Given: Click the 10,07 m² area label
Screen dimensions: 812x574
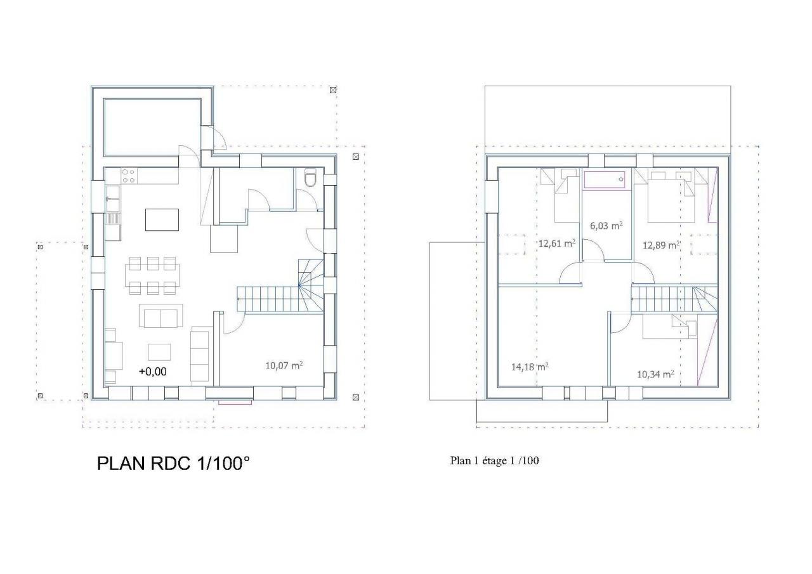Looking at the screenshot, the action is pyautogui.click(x=284, y=365).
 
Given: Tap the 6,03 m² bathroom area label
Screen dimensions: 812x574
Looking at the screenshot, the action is pyautogui.click(x=606, y=226).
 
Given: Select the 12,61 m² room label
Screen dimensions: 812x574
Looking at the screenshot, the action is pyautogui.click(x=557, y=243).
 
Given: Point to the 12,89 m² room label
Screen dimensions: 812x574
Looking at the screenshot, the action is pyautogui.click(x=661, y=245).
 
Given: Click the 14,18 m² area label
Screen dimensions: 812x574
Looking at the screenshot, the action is pyautogui.click(x=530, y=367).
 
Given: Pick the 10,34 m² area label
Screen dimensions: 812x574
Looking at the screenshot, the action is pyautogui.click(x=655, y=374).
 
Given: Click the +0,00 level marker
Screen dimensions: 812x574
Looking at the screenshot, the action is pyautogui.click(x=153, y=372).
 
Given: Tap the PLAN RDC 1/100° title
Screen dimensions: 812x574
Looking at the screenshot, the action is pyautogui.click(x=173, y=464).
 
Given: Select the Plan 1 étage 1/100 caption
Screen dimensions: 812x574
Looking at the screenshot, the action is pyautogui.click(x=494, y=460).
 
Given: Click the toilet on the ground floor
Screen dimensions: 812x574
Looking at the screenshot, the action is pyautogui.click(x=311, y=178).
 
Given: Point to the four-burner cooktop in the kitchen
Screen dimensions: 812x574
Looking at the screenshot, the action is pyautogui.click(x=128, y=176).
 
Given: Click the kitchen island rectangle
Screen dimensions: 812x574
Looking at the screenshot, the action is pyautogui.click(x=162, y=219).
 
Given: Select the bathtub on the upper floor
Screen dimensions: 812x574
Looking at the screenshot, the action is pyautogui.click(x=605, y=179).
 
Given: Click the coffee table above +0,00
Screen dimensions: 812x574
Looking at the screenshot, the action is pyautogui.click(x=159, y=352).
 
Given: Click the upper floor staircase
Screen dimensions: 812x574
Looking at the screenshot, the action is pyautogui.click(x=674, y=299).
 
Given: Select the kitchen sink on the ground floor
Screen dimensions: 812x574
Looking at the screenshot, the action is pyautogui.click(x=113, y=199).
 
